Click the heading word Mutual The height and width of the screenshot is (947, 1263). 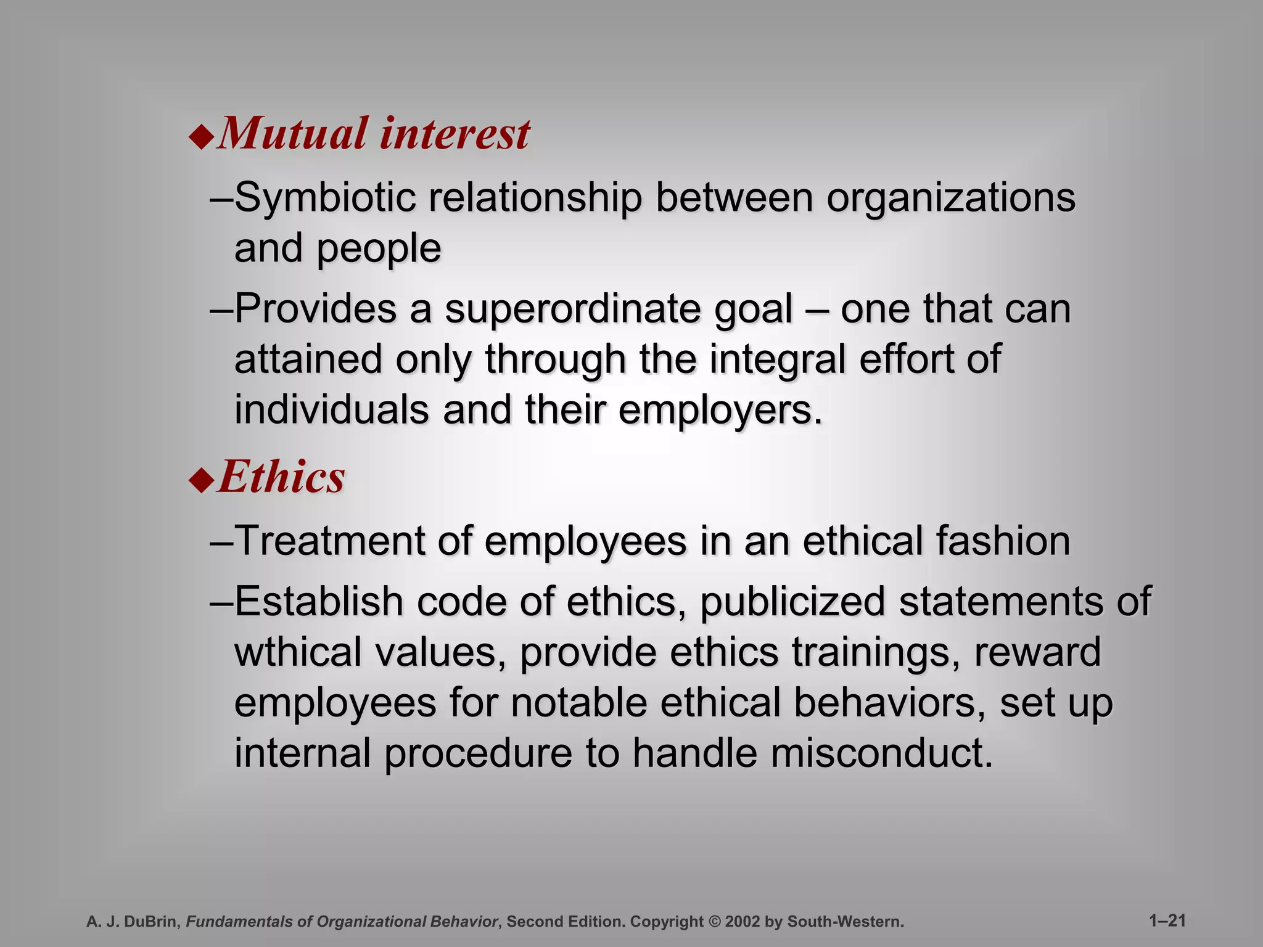293,134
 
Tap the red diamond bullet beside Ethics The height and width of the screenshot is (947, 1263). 201,480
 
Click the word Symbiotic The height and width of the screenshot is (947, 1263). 325,199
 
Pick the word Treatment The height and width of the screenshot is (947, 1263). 330,541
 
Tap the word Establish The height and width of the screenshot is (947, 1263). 319,601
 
